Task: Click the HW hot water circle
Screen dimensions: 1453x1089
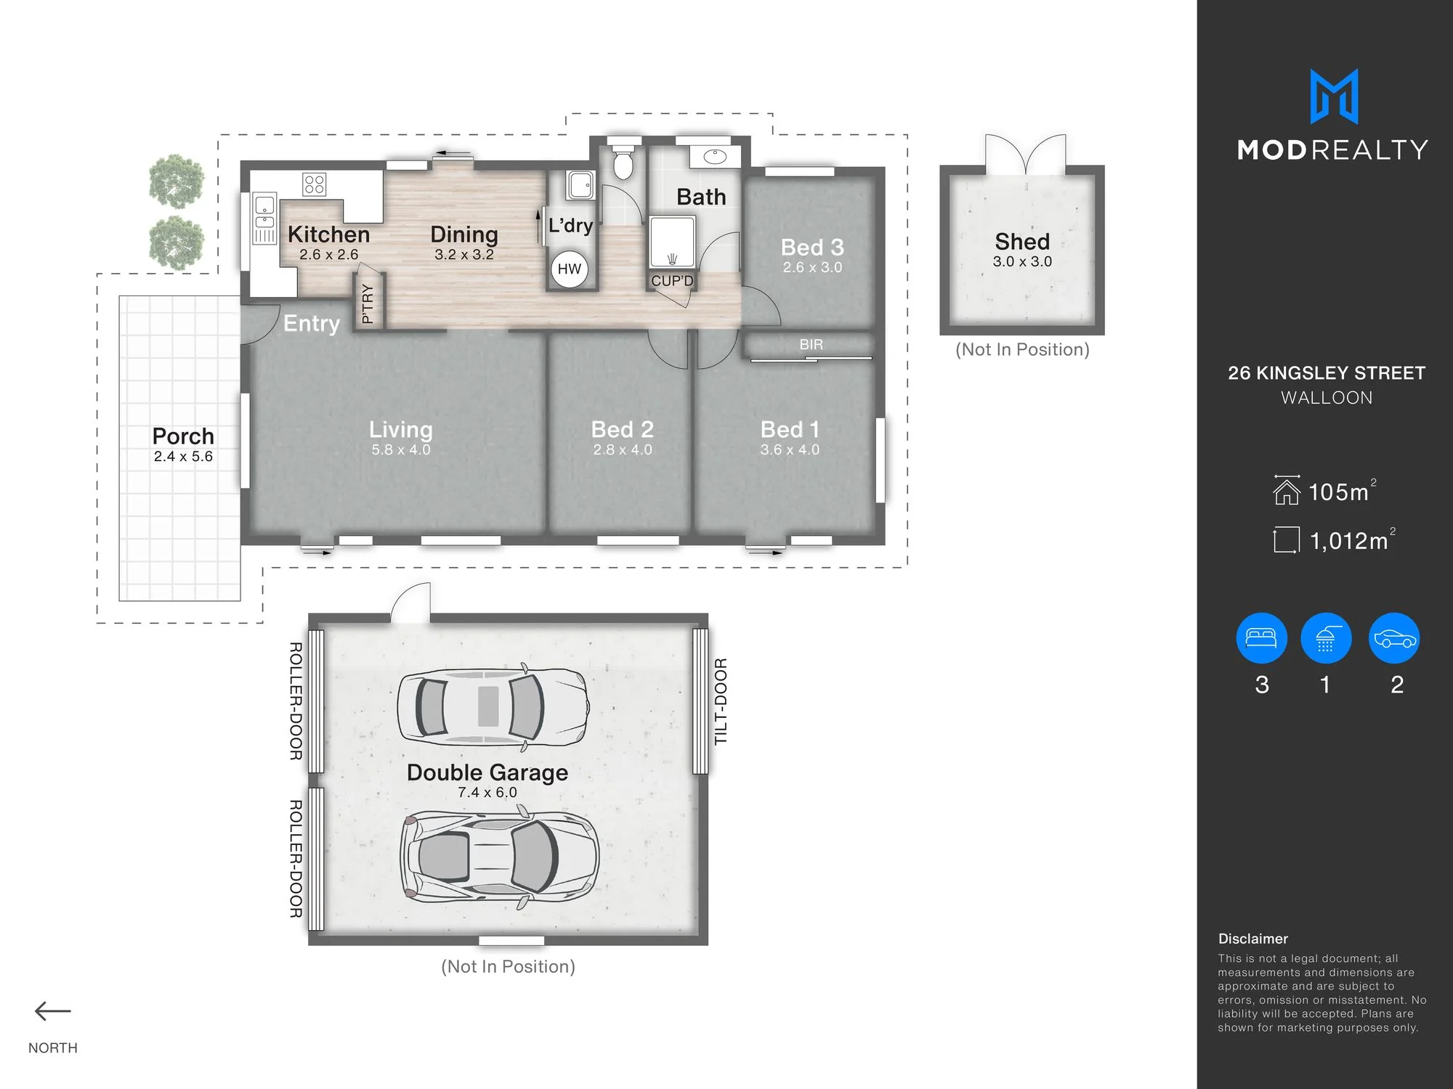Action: click(x=570, y=269)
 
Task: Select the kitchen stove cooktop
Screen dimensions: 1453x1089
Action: click(x=315, y=184)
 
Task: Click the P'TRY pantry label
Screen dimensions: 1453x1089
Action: click(x=368, y=303)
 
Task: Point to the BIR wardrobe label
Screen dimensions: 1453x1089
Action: click(x=812, y=345)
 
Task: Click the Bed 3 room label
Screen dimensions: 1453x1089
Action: click(x=812, y=248)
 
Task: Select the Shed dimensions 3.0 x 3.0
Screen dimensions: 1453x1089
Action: click(x=1022, y=261)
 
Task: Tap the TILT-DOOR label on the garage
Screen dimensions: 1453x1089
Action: click(x=721, y=701)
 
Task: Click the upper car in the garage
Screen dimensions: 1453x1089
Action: click(x=493, y=706)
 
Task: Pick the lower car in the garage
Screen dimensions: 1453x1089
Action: click(x=499, y=860)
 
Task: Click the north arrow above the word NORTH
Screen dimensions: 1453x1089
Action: click(x=53, y=1011)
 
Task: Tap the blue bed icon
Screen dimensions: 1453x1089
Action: click(x=1261, y=638)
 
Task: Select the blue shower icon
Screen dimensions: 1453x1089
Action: click(x=1326, y=638)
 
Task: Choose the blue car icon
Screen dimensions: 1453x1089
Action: click(x=1394, y=638)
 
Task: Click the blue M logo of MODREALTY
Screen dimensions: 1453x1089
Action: click(x=1334, y=97)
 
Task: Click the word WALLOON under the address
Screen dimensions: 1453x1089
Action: click(x=1327, y=398)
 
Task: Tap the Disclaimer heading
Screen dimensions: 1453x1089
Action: click(x=1253, y=939)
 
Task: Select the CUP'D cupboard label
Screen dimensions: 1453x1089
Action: click(x=672, y=281)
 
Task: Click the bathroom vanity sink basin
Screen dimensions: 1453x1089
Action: click(x=715, y=156)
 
